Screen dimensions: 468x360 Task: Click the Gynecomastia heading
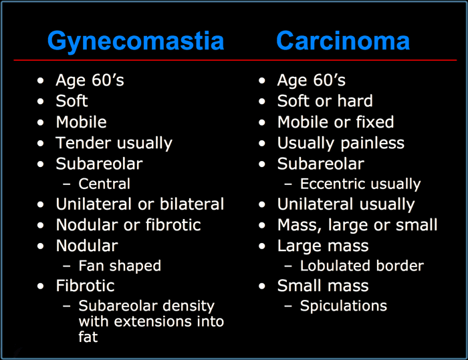point(136,42)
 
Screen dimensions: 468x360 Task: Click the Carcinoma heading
point(343,41)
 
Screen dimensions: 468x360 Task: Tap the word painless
point(372,144)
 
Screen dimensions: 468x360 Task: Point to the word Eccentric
point(328,184)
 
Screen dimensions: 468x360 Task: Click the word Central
point(104,184)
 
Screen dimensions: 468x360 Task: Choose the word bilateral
point(192,204)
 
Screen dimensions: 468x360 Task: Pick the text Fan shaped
point(120,266)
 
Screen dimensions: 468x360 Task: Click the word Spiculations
point(344,306)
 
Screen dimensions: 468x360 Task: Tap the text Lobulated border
point(362,266)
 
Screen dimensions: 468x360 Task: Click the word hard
point(355,101)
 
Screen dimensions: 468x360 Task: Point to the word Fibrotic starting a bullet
point(85,286)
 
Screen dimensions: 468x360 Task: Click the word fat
point(88,337)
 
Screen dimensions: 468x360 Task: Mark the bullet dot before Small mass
point(262,287)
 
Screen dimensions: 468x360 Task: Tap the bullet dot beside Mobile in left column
point(41,123)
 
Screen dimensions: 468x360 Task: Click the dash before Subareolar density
point(67,307)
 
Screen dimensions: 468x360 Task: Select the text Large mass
point(323,246)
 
